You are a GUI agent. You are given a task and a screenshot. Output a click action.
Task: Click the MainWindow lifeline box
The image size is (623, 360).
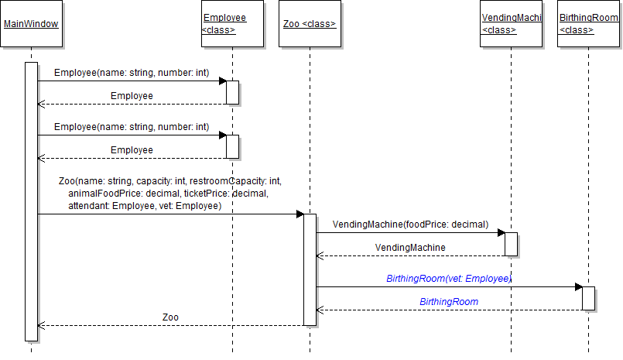[x=31, y=23]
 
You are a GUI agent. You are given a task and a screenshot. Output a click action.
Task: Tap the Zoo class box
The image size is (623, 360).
[x=310, y=23]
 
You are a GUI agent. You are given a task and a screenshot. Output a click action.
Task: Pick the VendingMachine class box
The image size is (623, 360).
[x=511, y=23]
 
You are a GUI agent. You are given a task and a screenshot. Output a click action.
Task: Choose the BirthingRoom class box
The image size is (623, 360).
[x=588, y=23]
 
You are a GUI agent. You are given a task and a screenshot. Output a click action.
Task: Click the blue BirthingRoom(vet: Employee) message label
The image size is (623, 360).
[x=449, y=278]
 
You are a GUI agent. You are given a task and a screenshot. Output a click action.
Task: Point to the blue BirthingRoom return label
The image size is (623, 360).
[x=449, y=301]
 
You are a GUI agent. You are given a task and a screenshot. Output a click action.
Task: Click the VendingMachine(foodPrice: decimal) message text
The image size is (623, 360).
[x=410, y=225]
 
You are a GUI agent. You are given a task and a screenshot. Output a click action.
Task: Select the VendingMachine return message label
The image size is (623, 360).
[x=410, y=247]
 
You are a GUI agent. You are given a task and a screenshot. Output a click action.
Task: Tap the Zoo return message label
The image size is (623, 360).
[x=170, y=317]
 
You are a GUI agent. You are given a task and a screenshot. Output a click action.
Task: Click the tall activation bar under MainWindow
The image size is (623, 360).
[x=31, y=201]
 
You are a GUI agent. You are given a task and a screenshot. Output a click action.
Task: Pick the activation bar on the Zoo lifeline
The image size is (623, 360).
[x=310, y=269]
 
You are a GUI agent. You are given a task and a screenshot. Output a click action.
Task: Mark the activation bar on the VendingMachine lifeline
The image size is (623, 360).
[x=511, y=244]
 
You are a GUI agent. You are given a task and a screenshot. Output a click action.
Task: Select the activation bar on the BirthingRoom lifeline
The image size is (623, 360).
[x=588, y=298]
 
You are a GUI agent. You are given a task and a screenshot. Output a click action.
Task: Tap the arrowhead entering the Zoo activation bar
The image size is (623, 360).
[x=300, y=214]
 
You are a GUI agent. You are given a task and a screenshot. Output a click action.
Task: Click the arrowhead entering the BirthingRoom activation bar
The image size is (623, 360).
[x=578, y=286]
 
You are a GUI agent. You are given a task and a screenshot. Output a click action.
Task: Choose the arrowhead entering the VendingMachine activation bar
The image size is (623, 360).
[x=501, y=232]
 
